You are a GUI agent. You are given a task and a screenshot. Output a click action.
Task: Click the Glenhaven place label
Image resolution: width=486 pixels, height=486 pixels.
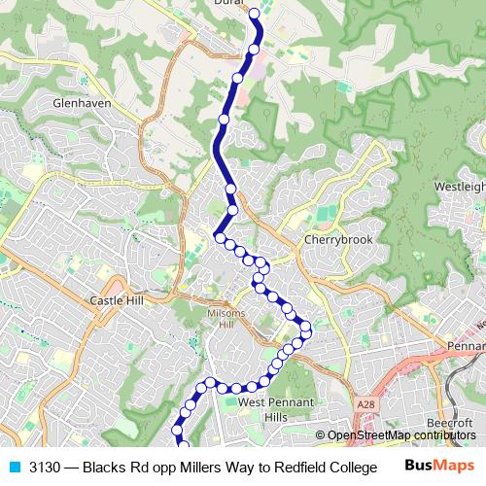coord(84,102)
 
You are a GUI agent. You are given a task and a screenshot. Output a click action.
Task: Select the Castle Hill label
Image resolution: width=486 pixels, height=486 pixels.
coord(116,300)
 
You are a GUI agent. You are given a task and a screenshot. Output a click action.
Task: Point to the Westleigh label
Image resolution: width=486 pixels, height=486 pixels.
coord(459,185)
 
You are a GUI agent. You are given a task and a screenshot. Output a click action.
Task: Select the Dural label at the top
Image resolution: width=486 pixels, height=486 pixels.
coord(227,4)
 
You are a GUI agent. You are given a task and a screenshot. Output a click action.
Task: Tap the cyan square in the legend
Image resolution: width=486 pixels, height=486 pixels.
coord(14,467)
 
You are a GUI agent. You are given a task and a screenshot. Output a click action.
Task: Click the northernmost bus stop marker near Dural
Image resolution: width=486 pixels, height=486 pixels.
coord(255,14)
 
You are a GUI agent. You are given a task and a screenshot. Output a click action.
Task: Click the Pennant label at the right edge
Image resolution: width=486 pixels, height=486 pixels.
coord(465,346)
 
